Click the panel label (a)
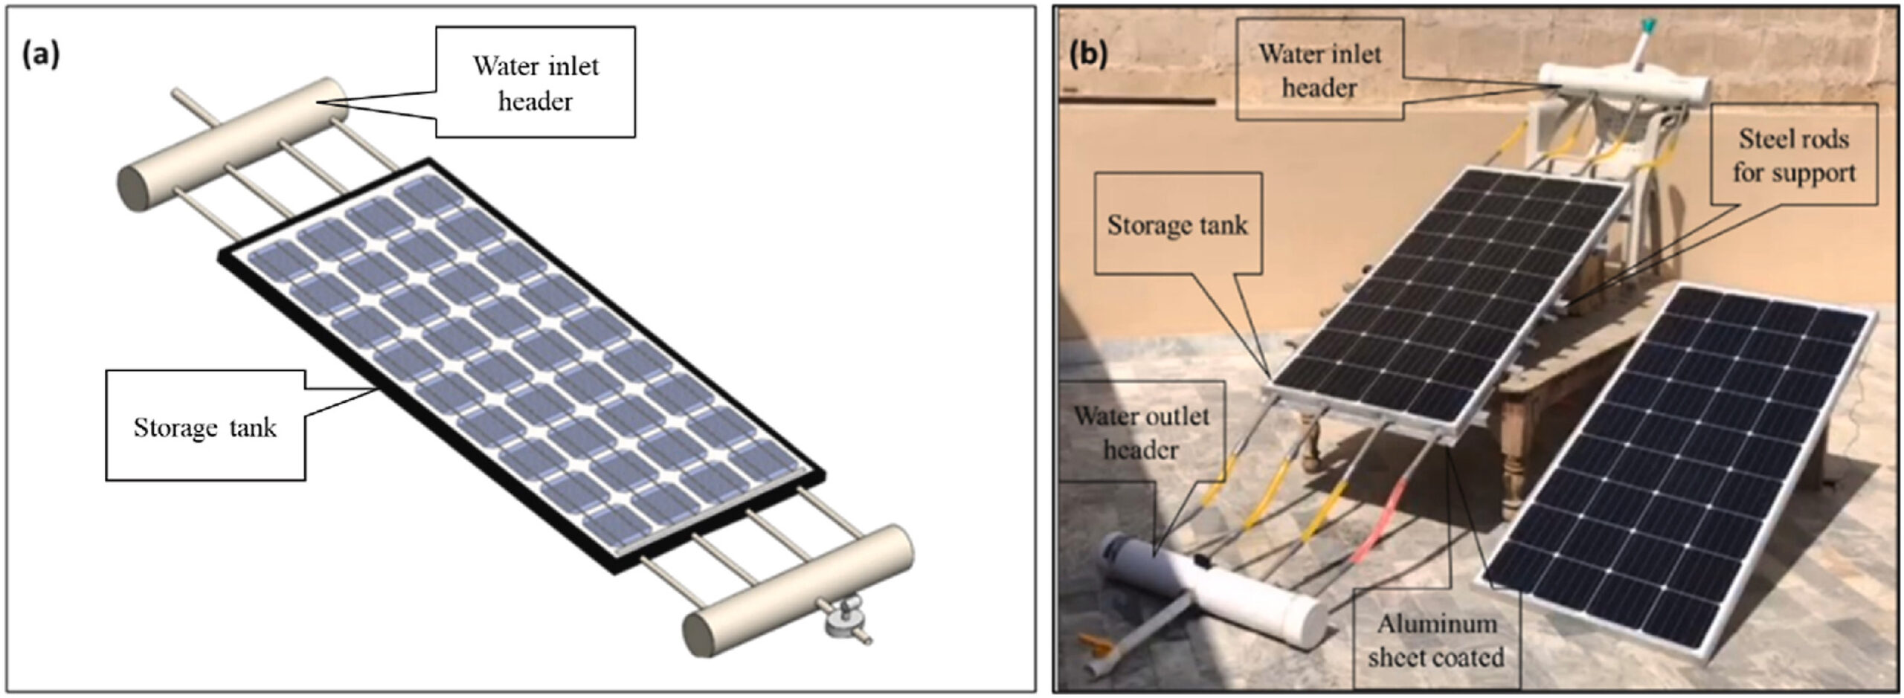40,55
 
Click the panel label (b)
1088,54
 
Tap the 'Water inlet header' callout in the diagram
535,83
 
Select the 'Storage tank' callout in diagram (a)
205,427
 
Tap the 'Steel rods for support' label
1793,155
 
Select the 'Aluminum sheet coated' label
1435,640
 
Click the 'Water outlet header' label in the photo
1141,433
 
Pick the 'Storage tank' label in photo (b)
1177,224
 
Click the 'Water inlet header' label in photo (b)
1319,71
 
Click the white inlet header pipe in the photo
1621,85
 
